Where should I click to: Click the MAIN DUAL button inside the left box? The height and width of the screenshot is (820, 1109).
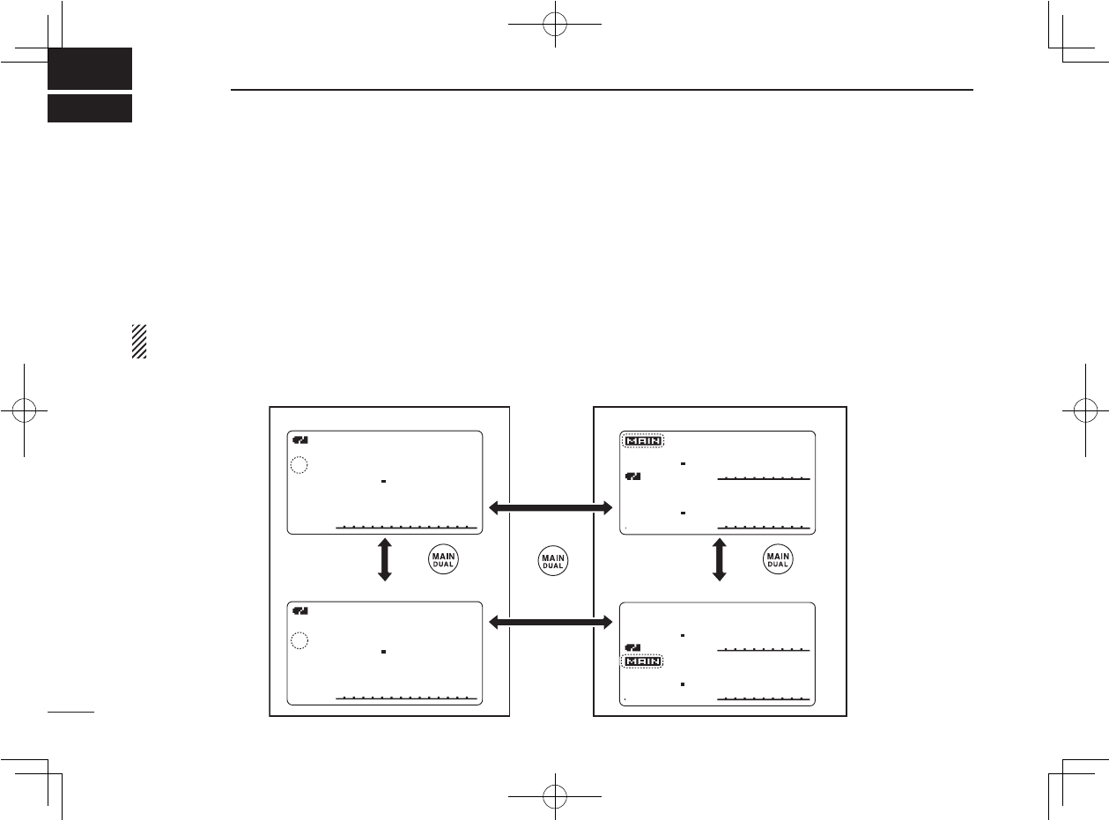pyautogui.click(x=443, y=559)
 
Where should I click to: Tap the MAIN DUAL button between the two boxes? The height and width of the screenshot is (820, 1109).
pyautogui.click(x=553, y=560)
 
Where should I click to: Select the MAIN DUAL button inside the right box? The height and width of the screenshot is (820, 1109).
pyautogui.click(x=778, y=559)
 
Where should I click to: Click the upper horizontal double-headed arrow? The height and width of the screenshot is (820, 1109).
pyautogui.click(x=551, y=508)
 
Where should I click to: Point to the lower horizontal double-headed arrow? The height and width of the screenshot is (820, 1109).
pyautogui.click(x=551, y=623)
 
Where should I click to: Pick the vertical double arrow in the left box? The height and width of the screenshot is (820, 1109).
pyautogui.click(x=385, y=559)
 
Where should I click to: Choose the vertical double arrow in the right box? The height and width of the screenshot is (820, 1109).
pyautogui.click(x=719, y=559)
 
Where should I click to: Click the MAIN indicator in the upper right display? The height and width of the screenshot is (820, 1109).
pyautogui.click(x=643, y=441)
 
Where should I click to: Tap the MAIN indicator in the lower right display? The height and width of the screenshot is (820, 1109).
pyautogui.click(x=642, y=661)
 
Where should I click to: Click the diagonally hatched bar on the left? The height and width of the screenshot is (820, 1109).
pyautogui.click(x=139, y=342)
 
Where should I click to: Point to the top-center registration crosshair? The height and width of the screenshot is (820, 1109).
pyautogui.click(x=555, y=24)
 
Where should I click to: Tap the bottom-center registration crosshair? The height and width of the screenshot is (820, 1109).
pyautogui.click(x=555, y=796)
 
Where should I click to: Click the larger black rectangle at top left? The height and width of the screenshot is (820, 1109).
pyautogui.click(x=90, y=69)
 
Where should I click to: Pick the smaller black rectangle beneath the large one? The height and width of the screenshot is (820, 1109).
pyautogui.click(x=90, y=108)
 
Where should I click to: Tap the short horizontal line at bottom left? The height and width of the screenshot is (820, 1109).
pyautogui.click(x=71, y=712)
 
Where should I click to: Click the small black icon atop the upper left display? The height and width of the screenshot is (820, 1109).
pyautogui.click(x=300, y=440)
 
